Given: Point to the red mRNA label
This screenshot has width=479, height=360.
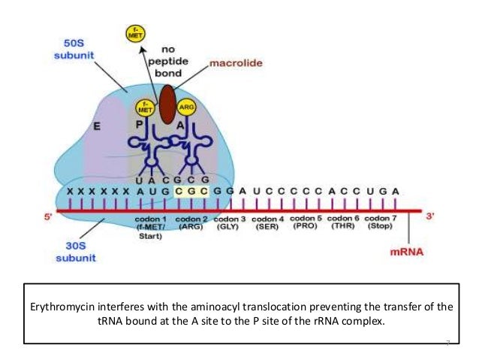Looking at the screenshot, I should click(x=407, y=253).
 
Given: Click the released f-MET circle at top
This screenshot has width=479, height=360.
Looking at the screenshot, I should click(x=136, y=32).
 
